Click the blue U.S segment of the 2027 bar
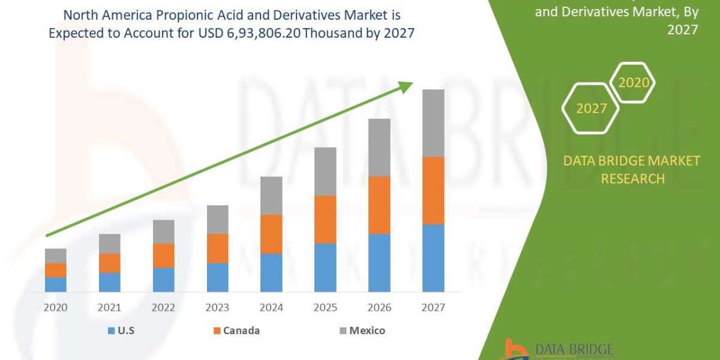pos(433,258)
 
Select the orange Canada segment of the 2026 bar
pos(379,205)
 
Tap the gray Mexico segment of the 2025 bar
pos(325,172)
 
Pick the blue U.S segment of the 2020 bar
pos(56,284)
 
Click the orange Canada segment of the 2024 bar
pos(271,234)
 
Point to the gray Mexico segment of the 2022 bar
pos(163,232)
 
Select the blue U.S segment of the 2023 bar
pos(217,277)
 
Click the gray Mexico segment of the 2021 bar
pos(109,244)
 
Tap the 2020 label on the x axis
pos(56,308)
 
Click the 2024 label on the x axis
pos(271,308)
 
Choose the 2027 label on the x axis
pos(433,308)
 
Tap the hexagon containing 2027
pos(591,109)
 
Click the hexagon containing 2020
pos(633,83)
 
